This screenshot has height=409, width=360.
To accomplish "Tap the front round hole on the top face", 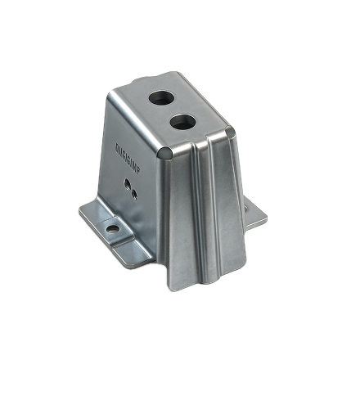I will click(x=182, y=123).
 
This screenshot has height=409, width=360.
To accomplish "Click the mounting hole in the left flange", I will click(x=111, y=229).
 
